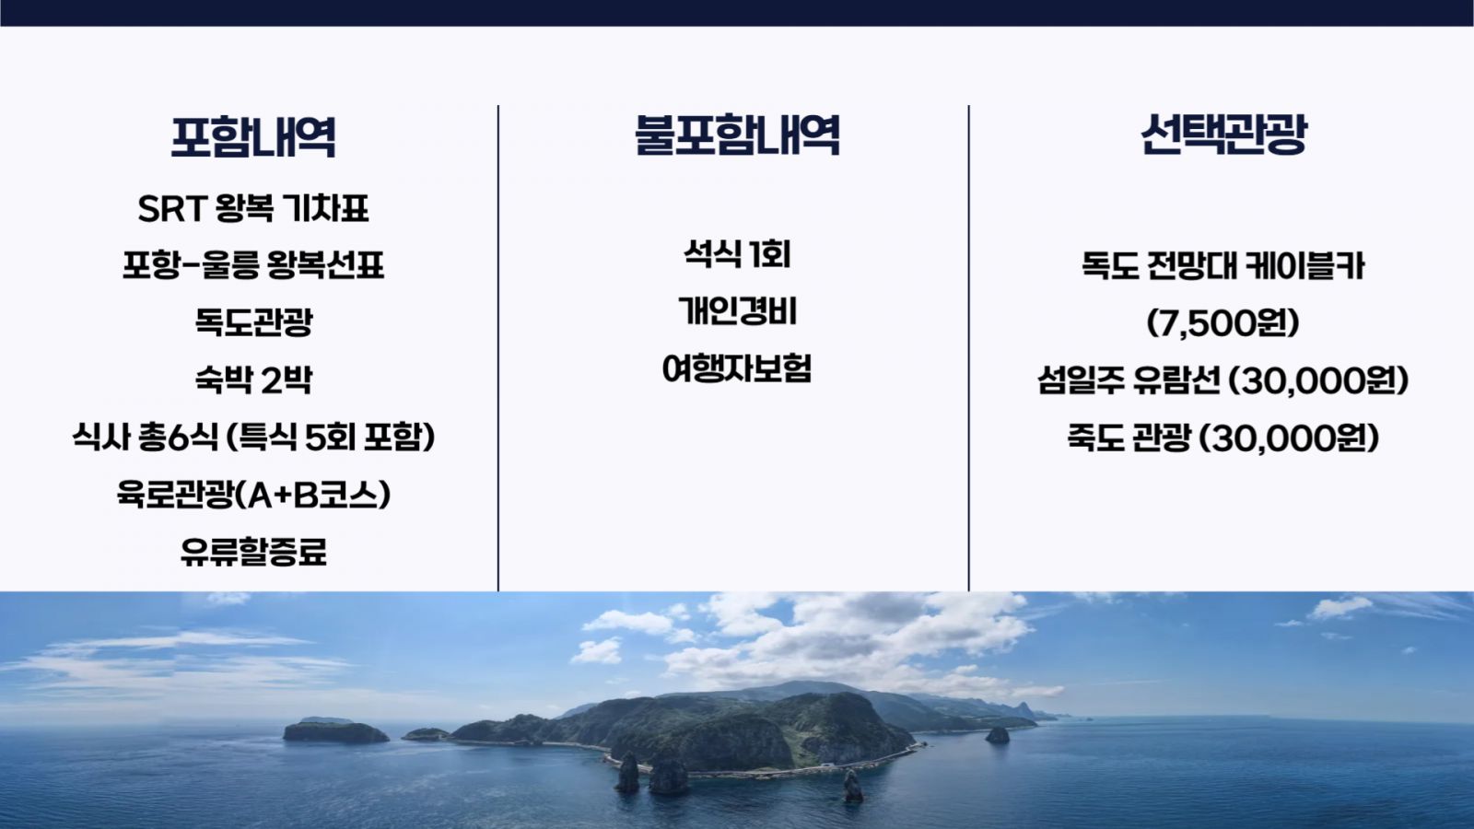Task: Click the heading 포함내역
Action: pyautogui.click(x=253, y=137)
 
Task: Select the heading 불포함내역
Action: pyautogui.click(x=737, y=134)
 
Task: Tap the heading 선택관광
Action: pyautogui.click(x=1223, y=134)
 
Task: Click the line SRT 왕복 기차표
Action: pyautogui.click(x=253, y=208)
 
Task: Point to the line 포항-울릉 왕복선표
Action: pyautogui.click(x=253, y=265)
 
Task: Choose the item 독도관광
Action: pyautogui.click(x=253, y=322)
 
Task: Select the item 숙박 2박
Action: pyautogui.click(x=253, y=379)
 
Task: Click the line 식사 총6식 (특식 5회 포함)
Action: pyautogui.click(x=253, y=437)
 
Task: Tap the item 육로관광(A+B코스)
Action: pyautogui.click(x=253, y=494)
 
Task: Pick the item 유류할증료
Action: pyautogui.click(x=253, y=552)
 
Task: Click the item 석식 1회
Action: pyautogui.click(x=737, y=254)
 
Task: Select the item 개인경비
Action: pyautogui.click(x=737, y=310)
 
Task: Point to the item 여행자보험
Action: pyautogui.click(x=737, y=368)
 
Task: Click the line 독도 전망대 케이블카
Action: pyautogui.click(x=1223, y=266)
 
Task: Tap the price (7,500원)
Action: pyautogui.click(x=1223, y=323)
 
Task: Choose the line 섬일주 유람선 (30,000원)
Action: pyautogui.click(x=1223, y=380)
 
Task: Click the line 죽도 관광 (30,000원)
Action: pyautogui.click(x=1223, y=438)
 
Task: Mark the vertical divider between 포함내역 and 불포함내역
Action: pyautogui.click(x=498, y=347)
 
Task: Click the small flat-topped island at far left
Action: pyautogui.click(x=335, y=731)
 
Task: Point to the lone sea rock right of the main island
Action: pyautogui.click(x=997, y=735)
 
